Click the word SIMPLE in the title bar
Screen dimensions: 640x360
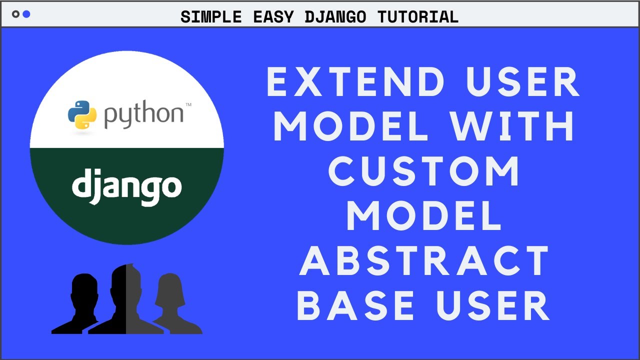[x=211, y=17]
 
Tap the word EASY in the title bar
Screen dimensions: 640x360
[x=273, y=17]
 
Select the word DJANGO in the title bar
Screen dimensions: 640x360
[x=335, y=17]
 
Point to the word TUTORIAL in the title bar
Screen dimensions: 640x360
[x=418, y=17]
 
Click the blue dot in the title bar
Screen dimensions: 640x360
[x=26, y=14]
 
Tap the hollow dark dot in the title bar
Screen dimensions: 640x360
[x=15, y=14]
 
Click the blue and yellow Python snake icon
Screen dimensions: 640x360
[x=82, y=114]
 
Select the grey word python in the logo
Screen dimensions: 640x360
[x=143, y=114]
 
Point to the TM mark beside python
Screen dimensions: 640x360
[x=188, y=104]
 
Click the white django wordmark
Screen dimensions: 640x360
[x=127, y=187]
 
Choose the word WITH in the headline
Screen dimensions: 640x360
[x=513, y=126]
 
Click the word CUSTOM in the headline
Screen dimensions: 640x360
[x=423, y=171]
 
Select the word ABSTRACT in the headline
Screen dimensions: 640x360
[x=423, y=260]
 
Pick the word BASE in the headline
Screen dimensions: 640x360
[x=355, y=305]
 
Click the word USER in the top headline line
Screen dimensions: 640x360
[x=522, y=82]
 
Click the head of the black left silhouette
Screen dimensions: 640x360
[x=84, y=288]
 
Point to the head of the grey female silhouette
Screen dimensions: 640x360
[x=170, y=289]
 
